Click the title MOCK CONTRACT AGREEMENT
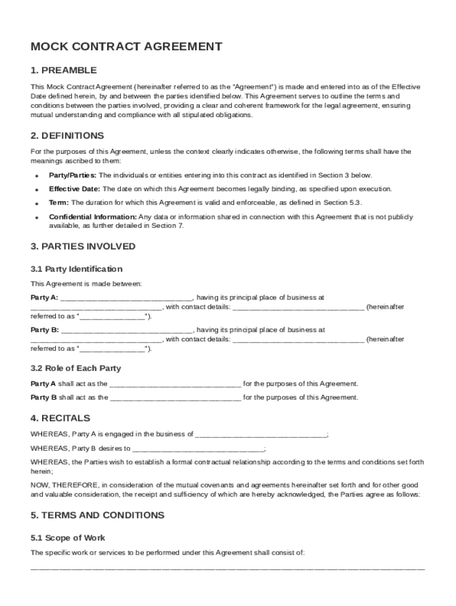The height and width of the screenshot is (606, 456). tap(127, 47)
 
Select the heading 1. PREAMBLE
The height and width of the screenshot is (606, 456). tap(63, 70)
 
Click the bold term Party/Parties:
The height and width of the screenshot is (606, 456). tap(73, 175)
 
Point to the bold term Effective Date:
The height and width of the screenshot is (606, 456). tap(75, 189)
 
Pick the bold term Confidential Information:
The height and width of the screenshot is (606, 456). tap(93, 217)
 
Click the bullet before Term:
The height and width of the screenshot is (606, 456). tap(36, 203)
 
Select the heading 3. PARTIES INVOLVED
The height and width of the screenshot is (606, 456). tap(83, 246)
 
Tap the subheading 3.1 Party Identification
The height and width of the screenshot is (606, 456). tap(76, 269)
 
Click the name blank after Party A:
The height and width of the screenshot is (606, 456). tap(126, 298)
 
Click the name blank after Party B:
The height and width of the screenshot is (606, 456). tap(126, 330)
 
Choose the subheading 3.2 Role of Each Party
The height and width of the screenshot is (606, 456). tap(76, 368)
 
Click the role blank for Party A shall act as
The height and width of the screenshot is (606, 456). tap(175, 383)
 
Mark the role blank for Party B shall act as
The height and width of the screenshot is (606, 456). tap(175, 398)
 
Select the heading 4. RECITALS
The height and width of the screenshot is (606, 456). tap(60, 418)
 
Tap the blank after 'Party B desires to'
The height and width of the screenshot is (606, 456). tap(198, 448)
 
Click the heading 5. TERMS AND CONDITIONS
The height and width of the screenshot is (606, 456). tap(97, 515)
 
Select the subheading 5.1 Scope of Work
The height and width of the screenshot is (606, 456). tap(68, 537)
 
